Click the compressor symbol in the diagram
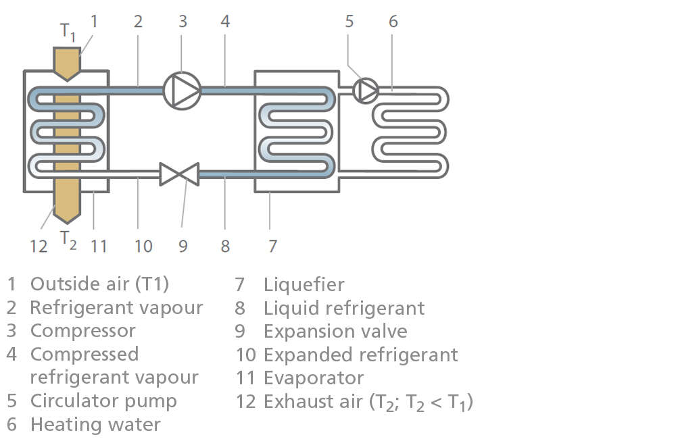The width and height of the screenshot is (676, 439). pyautogui.click(x=183, y=90)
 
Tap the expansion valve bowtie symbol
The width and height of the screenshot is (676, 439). pyautogui.click(x=179, y=174)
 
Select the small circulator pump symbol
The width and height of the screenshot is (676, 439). pyautogui.click(x=366, y=91)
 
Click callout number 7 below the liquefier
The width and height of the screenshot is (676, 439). pyautogui.click(x=272, y=245)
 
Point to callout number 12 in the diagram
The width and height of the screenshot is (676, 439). pyautogui.click(x=39, y=246)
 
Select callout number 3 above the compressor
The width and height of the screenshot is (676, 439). pyautogui.click(x=183, y=21)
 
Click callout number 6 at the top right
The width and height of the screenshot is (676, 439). pyautogui.click(x=393, y=21)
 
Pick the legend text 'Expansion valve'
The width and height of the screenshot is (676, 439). pyautogui.click(x=335, y=331)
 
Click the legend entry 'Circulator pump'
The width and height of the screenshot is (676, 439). pyautogui.click(x=103, y=401)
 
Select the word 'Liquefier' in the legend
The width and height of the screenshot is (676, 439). pyautogui.click(x=304, y=284)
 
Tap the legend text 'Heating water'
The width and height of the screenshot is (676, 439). pyautogui.click(x=95, y=424)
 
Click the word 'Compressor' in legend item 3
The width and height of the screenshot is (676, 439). pyautogui.click(x=82, y=331)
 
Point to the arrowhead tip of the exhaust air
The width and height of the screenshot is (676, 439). pyautogui.click(x=66, y=222)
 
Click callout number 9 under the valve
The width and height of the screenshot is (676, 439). pyautogui.click(x=183, y=245)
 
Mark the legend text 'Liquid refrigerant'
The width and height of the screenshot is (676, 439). pyautogui.click(x=343, y=308)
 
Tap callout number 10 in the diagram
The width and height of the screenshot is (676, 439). pyautogui.click(x=143, y=245)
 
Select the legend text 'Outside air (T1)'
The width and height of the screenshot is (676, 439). pyautogui.click(x=99, y=284)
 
